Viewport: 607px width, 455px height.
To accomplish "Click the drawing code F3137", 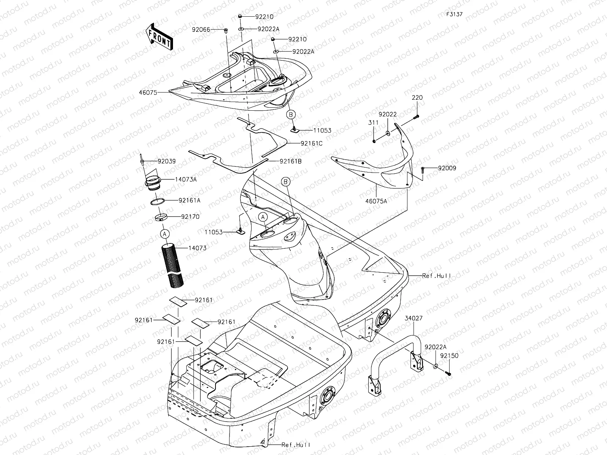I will pyautogui.click(x=454, y=14).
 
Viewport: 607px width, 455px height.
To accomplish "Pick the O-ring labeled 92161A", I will pyautogui.click(x=158, y=201).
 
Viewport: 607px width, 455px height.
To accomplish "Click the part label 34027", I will pyautogui.click(x=413, y=318).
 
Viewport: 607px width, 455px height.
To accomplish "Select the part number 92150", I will pyautogui.click(x=450, y=356).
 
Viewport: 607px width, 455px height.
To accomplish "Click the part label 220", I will pyautogui.click(x=417, y=97).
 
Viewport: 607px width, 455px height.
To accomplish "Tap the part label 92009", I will pyautogui.click(x=447, y=168).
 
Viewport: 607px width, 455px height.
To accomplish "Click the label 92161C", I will pyautogui.click(x=311, y=144).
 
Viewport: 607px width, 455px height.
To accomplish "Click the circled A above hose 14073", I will pyautogui.click(x=164, y=234).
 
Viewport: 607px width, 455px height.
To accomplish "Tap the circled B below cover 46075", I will pyautogui.click(x=291, y=114).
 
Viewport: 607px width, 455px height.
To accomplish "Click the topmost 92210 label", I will pyautogui.click(x=264, y=17).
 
